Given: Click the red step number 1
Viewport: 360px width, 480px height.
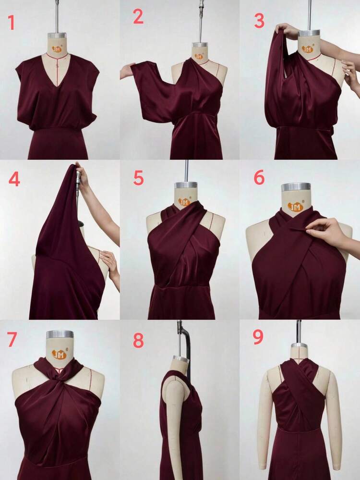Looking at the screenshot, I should click(x=11, y=22).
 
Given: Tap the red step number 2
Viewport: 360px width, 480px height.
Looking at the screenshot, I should click(x=138, y=17).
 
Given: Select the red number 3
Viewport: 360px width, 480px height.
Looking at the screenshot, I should click(x=259, y=21).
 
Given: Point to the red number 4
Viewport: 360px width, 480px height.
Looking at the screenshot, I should click(x=14, y=179).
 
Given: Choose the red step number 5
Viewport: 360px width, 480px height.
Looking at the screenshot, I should click(x=138, y=178).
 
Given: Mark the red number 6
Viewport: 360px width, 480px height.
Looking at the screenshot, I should click(x=259, y=178).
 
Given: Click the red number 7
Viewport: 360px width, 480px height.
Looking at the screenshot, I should click(x=12, y=339).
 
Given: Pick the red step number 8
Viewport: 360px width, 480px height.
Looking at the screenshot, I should click(x=138, y=340).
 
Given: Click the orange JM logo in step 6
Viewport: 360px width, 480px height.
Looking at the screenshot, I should click(x=295, y=207).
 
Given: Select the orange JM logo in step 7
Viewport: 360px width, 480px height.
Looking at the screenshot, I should click(x=59, y=355).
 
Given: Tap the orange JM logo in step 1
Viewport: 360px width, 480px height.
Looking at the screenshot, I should click(x=57, y=49).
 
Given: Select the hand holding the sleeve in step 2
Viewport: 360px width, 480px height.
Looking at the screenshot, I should click(x=126, y=71).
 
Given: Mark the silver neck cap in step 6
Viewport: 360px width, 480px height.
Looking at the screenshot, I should click(x=296, y=187).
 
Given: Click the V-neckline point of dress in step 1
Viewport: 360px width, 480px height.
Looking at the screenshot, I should click(x=58, y=85).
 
